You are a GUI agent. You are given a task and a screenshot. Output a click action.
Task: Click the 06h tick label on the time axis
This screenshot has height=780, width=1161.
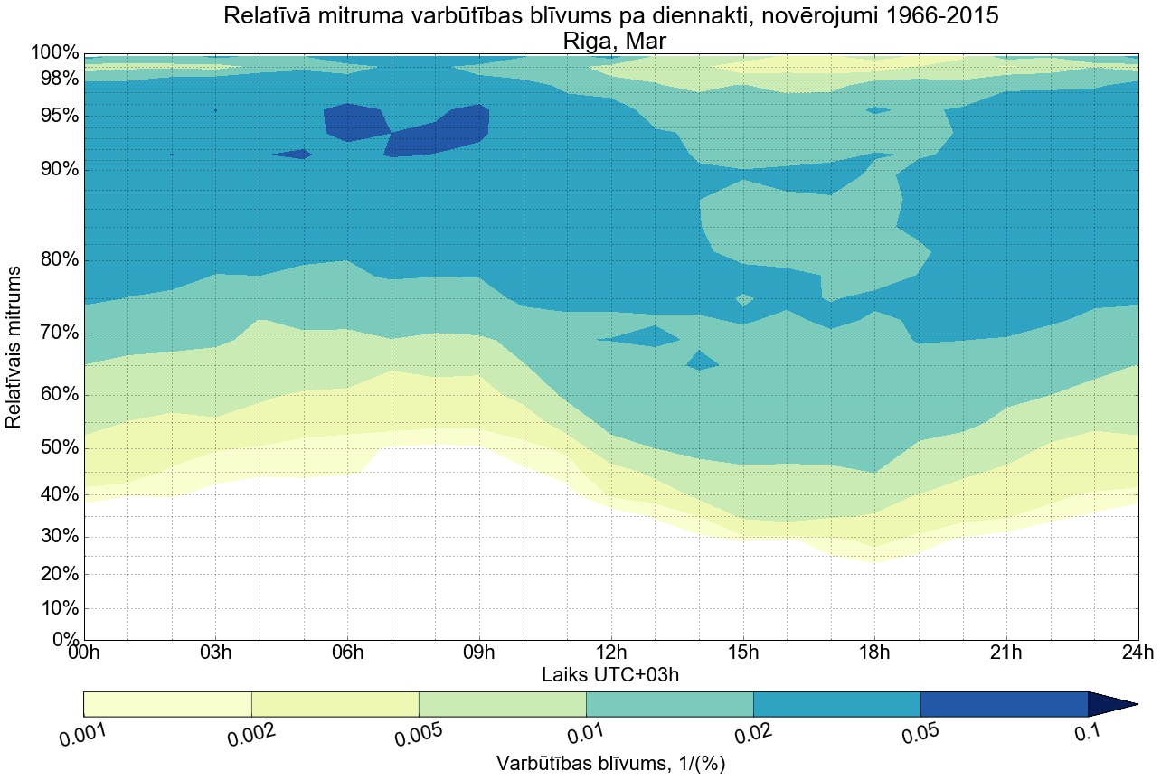point(347,653)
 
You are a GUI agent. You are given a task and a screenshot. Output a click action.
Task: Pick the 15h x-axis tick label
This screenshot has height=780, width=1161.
point(742,653)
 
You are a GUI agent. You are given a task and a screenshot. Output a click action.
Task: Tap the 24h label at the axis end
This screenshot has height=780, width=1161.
point(1136,653)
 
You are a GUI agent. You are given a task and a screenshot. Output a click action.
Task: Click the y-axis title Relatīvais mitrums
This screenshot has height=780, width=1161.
point(14,347)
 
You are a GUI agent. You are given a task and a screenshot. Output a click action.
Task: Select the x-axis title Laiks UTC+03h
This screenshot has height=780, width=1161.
point(610,674)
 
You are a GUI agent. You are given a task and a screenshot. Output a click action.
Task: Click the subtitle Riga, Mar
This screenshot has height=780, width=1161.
point(614,41)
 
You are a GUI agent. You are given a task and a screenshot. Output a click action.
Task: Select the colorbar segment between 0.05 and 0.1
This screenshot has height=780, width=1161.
point(1004,704)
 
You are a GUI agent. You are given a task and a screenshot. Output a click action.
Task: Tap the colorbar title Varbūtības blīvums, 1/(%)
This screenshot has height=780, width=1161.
point(610,763)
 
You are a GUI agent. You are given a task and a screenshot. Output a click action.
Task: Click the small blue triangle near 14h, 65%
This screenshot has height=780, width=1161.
point(702,362)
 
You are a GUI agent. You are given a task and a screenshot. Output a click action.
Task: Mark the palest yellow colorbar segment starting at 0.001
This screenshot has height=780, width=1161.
point(167,704)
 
